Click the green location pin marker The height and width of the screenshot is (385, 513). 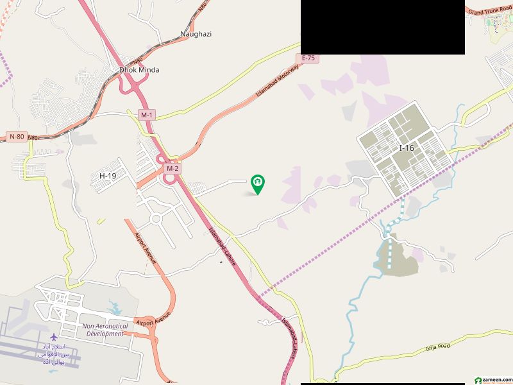258,184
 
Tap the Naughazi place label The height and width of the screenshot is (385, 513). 196,34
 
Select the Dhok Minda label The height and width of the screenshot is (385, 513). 139,69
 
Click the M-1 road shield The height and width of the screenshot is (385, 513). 147,115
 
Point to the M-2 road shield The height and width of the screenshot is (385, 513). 171,168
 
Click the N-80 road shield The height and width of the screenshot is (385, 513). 17,136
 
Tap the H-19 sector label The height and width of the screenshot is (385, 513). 108,176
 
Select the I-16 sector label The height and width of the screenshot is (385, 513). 407,148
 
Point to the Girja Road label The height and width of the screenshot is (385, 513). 437,347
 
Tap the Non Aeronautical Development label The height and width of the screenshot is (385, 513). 105,330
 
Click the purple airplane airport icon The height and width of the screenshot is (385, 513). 53,337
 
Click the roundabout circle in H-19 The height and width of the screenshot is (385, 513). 155,219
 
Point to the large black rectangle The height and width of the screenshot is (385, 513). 382,27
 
